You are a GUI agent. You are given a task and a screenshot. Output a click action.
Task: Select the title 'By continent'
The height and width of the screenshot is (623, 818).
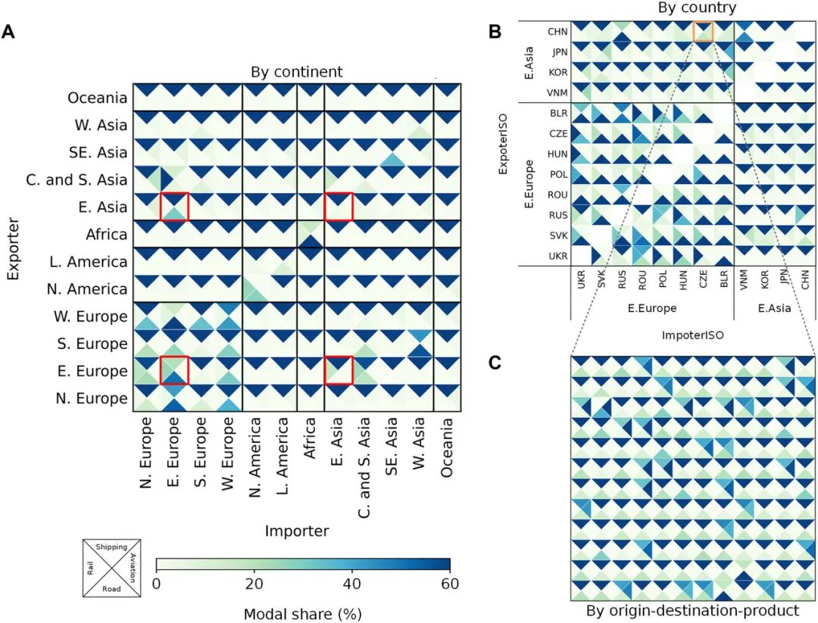tap(297, 72)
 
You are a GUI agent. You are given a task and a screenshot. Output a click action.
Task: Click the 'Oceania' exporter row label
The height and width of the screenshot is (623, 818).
tap(97, 98)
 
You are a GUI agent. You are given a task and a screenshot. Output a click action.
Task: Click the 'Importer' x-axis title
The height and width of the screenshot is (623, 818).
tap(297, 531)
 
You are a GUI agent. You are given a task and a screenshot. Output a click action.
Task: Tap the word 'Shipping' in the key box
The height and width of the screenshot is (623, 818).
tap(112, 547)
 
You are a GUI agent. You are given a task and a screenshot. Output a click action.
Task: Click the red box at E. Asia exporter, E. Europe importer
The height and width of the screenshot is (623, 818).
tap(174, 207)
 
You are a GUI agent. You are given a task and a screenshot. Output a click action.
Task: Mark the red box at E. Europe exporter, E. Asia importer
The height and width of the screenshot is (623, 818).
tap(339, 370)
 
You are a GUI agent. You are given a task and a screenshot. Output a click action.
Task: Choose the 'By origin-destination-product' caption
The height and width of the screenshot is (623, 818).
tap(693, 610)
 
